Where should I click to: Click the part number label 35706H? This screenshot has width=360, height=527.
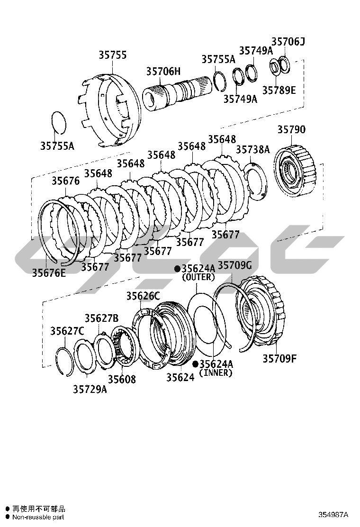[163, 71]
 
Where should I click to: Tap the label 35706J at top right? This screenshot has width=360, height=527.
[288, 42]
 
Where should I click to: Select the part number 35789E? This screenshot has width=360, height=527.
[279, 91]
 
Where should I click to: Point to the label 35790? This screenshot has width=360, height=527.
[291, 129]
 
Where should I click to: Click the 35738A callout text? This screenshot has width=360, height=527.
[253, 150]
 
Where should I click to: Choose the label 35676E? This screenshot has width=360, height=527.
[49, 273]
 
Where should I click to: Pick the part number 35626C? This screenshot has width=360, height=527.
[143, 296]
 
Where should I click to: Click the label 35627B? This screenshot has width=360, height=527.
[101, 318]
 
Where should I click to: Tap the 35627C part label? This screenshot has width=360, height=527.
[67, 331]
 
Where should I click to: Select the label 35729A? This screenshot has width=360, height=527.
[90, 389]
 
